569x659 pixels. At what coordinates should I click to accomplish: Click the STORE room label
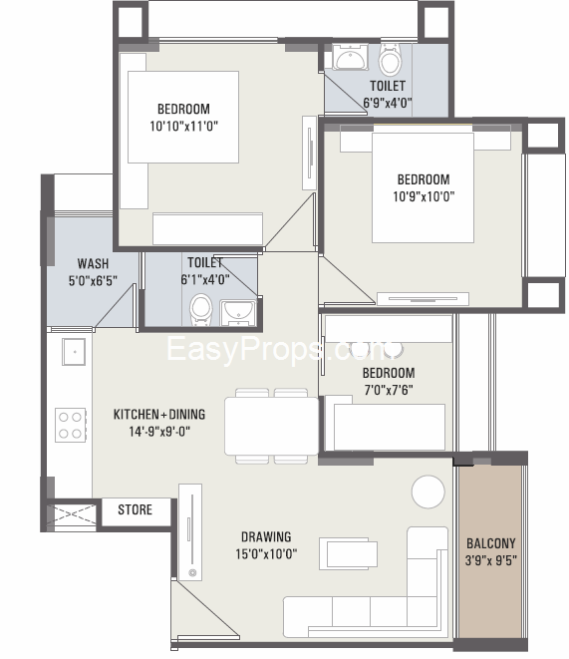point(135,509)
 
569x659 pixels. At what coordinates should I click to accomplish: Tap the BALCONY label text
point(491,543)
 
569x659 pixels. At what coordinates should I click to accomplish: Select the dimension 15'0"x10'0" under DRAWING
point(266,554)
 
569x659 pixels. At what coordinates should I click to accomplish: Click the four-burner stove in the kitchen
point(71,425)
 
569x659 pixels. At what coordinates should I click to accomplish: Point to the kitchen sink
point(74,352)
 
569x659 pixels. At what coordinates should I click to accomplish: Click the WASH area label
point(93,263)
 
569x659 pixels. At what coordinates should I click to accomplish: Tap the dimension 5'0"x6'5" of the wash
point(93,281)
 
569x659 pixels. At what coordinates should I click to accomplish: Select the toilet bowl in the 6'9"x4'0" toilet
point(390,59)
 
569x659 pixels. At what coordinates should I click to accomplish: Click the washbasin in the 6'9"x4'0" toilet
point(349,57)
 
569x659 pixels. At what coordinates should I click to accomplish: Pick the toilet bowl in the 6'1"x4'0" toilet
point(200,310)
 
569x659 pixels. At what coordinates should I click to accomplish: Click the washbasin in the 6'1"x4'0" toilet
point(238,313)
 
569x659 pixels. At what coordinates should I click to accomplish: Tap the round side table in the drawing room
point(427,492)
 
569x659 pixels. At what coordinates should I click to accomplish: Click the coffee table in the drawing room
point(348,554)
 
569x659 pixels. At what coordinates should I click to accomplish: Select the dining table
point(272,426)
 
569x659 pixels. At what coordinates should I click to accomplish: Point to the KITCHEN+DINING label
point(159,415)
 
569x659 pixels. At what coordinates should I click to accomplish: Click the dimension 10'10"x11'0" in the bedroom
point(184,126)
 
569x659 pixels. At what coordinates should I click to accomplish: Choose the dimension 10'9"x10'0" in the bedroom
point(424,196)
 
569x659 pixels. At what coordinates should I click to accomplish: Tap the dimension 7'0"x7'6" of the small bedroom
point(389,390)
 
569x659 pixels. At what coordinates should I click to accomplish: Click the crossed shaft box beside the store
point(72,514)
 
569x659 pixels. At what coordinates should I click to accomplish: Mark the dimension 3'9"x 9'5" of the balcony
point(491,560)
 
